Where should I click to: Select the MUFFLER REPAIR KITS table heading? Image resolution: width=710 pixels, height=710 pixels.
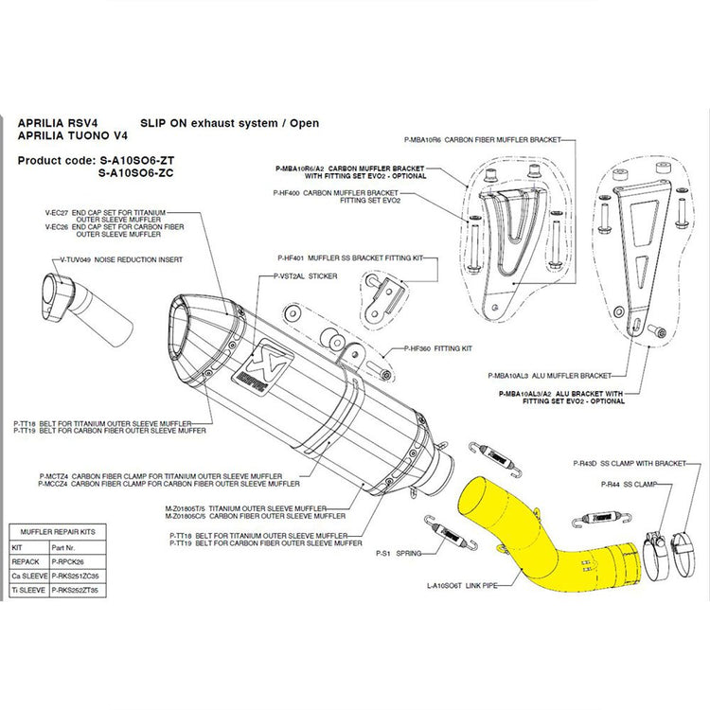pyautogui.click(x=58, y=533)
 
